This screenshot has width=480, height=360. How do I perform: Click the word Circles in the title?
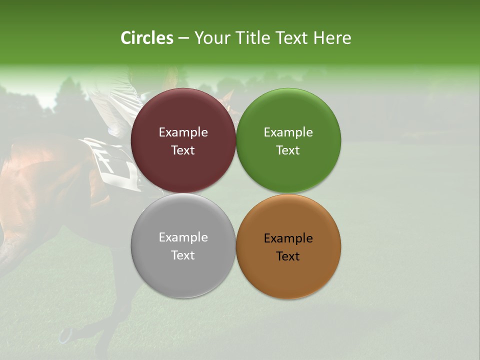pos(146,38)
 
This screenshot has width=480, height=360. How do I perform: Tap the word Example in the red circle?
pos(183,132)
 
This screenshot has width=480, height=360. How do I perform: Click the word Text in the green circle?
pos(288,150)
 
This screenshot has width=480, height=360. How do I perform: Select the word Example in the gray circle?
pos(183,237)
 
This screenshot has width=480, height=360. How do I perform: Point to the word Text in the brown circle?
pos(288,256)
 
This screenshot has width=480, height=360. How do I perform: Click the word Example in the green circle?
pos(288,132)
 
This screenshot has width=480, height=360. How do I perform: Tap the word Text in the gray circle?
pos(183,255)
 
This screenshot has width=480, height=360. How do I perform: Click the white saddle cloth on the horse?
pos(112,162)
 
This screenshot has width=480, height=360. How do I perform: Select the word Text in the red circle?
pos(183,150)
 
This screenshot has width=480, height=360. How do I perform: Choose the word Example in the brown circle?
pos(288,238)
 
